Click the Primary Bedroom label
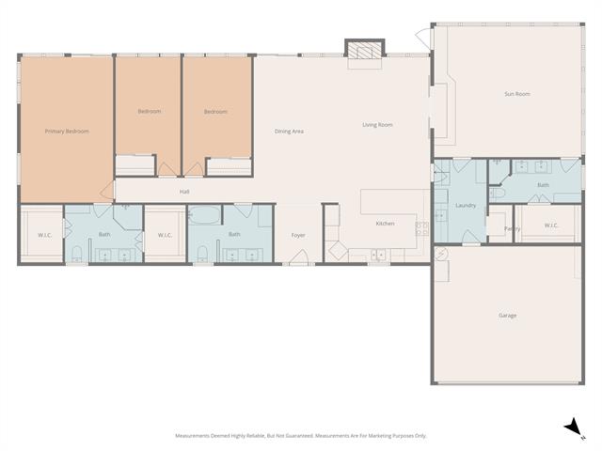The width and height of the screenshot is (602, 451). coord(67,132)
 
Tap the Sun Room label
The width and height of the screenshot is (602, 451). coord(517,94)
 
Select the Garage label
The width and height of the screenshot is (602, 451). coord(508,316)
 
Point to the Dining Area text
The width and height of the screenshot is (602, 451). coord(289,132)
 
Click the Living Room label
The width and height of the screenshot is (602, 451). coord(377,125)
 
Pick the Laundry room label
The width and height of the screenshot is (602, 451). coord(466,206)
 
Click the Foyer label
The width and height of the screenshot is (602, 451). coord(298,236)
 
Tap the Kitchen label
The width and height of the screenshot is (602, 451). coord(385,224)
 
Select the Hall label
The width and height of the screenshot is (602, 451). coord(184,192)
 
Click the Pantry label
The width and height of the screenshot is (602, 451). coord(512,228)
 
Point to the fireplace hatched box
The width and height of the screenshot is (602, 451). coord(365,50)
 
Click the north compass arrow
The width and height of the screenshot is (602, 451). coord(574,427)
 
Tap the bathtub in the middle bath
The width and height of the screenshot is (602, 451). coord(204,215)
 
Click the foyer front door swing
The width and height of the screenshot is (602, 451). coord(300,257)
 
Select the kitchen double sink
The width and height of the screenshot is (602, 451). coord(378,255)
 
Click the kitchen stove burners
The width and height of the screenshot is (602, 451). coord(421,228)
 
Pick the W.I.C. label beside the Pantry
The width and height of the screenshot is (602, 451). coord(551,225)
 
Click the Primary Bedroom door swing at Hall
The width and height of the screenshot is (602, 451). coord(108,190)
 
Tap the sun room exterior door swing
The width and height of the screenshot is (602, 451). coord(422,37)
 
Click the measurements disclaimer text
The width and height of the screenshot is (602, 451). coord(301,436)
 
